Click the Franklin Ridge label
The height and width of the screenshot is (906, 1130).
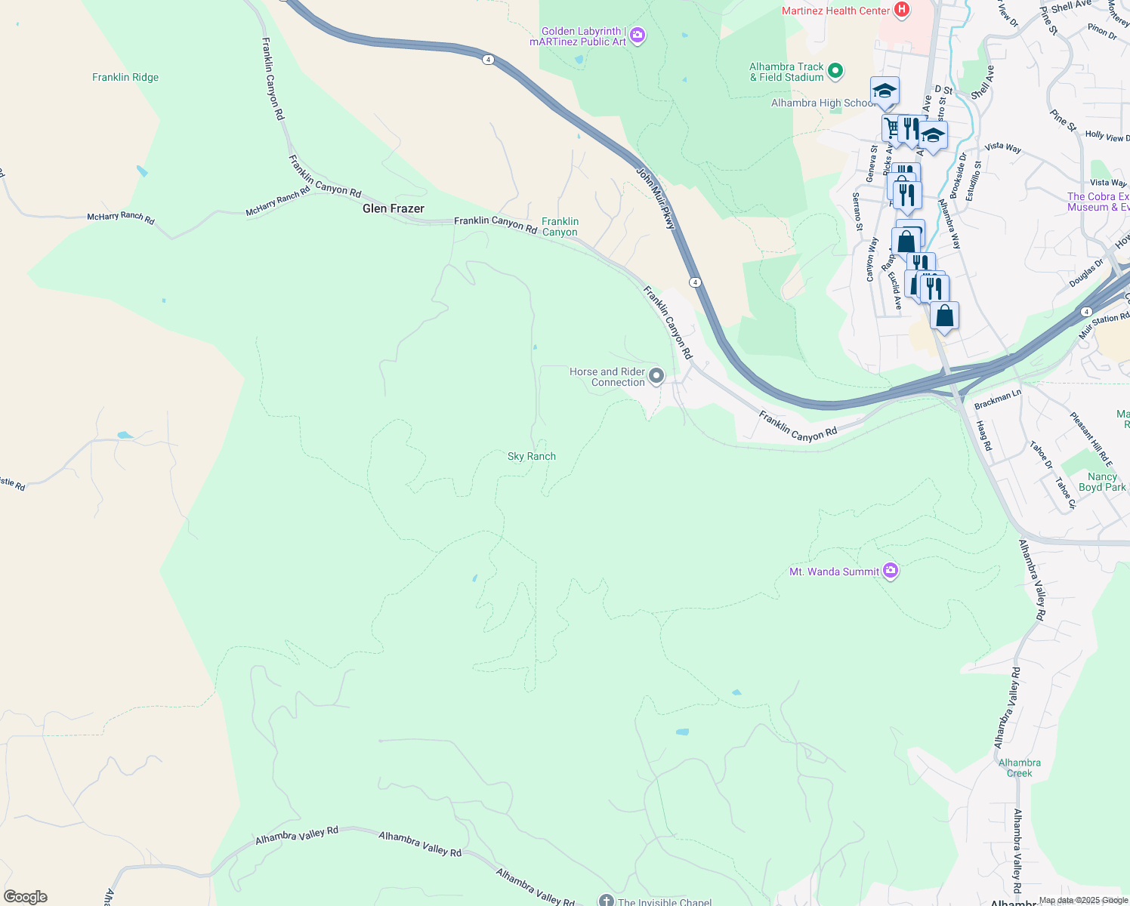(x=125, y=77)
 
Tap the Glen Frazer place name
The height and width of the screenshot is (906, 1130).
(x=393, y=208)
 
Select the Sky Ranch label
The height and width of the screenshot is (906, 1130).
(x=531, y=456)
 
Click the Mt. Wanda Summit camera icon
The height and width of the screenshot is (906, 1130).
(x=891, y=571)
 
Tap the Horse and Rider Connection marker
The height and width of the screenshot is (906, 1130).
(x=656, y=375)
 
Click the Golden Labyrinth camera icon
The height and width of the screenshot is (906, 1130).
(x=638, y=35)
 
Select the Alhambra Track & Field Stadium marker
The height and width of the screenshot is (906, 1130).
(x=835, y=71)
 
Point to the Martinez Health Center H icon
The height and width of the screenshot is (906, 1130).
(x=900, y=10)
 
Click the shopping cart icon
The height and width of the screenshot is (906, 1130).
(x=893, y=127)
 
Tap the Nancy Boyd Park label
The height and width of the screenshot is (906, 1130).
(x=1102, y=482)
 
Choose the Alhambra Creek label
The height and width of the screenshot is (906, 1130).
(x=1019, y=768)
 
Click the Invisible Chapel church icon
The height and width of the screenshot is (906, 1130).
(x=606, y=900)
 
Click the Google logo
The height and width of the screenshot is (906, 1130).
(x=25, y=897)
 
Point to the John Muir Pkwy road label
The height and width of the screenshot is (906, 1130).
(x=655, y=199)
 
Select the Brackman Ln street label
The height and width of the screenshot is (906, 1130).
(x=997, y=399)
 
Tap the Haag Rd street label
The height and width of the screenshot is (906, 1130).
(x=984, y=436)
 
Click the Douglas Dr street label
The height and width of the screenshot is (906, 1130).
(x=1086, y=273)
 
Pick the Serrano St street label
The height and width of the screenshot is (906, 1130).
(x=857, y=211)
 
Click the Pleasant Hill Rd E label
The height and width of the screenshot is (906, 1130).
(x=1091, y=439)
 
